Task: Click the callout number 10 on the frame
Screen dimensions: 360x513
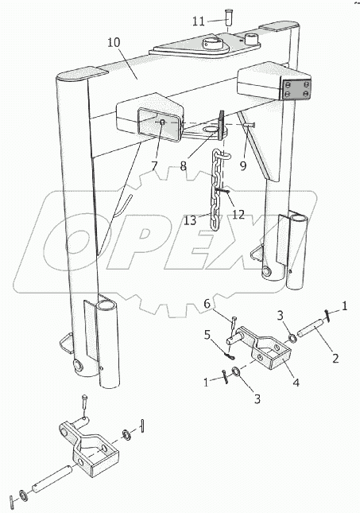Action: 114,43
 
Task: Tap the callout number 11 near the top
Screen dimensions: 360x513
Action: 199,22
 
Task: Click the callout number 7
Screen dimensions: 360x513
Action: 154,166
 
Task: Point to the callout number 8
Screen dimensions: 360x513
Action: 183,166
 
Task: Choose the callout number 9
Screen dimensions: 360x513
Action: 243,166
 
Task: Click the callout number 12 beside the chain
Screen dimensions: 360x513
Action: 238,215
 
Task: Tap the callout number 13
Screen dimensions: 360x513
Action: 190,220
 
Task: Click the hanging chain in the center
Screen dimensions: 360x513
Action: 217,190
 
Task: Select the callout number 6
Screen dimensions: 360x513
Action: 207,304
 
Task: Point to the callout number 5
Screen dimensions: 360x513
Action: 207,336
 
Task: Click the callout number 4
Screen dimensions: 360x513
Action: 296,382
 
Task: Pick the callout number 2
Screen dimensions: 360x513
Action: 335,358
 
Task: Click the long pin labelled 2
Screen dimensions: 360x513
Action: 311,330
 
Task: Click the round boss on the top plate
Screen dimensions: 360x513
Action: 212,44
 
